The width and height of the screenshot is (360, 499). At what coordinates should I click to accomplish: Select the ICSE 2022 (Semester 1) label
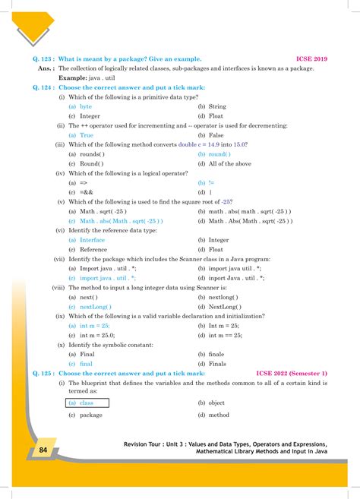tap(292, 374)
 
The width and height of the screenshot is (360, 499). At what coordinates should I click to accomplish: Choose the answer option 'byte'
tap(86, 107)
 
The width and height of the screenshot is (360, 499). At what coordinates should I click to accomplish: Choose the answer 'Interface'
tap(93, 239)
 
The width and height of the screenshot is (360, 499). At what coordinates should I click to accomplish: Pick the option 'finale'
tap(216, 355)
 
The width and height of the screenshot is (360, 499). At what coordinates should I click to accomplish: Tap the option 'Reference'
tap(93, 249)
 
